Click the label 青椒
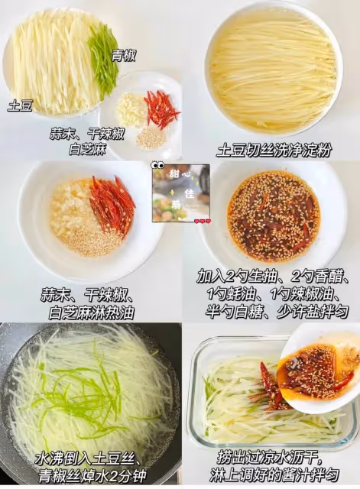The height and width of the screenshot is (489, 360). (124, 56)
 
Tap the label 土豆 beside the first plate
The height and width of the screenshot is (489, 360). (21, 105)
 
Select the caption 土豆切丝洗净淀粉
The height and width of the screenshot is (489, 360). (274, 151)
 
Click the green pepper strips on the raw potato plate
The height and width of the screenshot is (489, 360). (102, 62)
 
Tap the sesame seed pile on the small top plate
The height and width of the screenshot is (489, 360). (151, 137)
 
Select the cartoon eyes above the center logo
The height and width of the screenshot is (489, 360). (158, 165)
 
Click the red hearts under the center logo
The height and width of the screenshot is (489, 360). (203, 222)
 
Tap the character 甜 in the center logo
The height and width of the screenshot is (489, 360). (174, 173)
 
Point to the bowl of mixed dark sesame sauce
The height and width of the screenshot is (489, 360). (274, 215)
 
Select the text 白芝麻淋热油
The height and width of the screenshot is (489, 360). (91, 313)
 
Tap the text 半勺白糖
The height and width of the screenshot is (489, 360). (232, 312)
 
